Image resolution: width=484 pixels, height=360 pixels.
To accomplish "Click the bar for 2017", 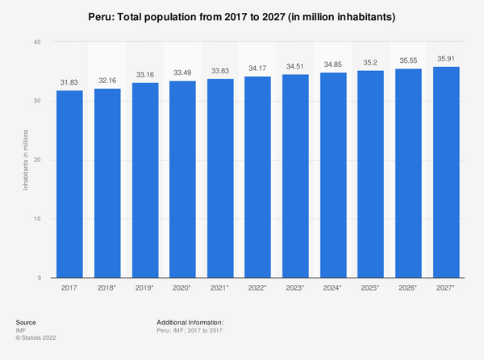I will click(x=69, y=184).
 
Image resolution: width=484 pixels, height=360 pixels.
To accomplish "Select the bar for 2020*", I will click(x=182, y=179).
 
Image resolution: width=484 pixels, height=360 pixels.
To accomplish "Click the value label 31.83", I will click(x=69, y=83).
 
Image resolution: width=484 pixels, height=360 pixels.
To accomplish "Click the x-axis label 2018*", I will click(x=107, y=287).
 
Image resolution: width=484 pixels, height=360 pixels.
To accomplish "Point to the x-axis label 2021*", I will click(x=220, y=287).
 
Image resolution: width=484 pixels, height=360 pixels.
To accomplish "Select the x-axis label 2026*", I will click(x=408, y=287).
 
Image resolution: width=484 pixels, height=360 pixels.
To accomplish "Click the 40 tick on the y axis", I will click(x=37, y=41).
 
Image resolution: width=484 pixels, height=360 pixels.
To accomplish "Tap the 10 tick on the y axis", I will click(x=37, y=219).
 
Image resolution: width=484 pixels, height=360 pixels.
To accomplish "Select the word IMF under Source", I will click(x=21, y=329).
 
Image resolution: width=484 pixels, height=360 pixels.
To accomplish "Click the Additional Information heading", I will click(x=190, y=322).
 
